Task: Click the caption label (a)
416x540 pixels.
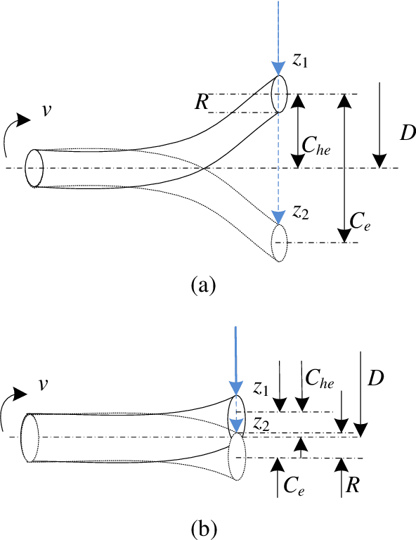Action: point(203,285)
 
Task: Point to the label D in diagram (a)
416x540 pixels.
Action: point(406,131)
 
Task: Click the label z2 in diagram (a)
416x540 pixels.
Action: point(301,214)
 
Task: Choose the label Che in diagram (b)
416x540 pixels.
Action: point(319,378)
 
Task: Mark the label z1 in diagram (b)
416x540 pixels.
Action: point(261,388)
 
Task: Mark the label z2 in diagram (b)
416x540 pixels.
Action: point(262,423)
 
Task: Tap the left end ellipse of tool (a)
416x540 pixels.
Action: point(34,169)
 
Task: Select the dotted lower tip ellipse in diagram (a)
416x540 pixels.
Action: point(280,243)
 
